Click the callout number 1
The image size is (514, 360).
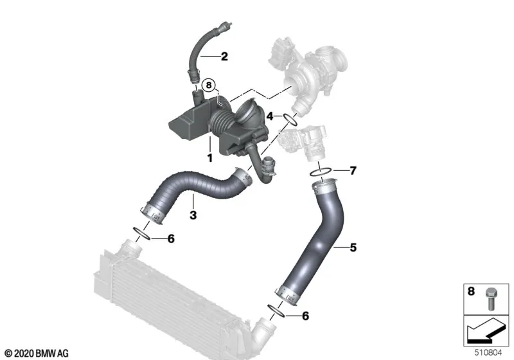[210, 157]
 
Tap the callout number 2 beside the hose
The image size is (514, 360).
[224, 57]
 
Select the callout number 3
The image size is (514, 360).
[193, 215]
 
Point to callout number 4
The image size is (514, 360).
[270, 116]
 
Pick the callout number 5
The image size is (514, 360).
[353, 248]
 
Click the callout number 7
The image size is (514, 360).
[353, 170]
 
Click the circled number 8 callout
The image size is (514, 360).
[209, 85]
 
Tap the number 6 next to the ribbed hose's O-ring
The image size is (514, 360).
[171, 239]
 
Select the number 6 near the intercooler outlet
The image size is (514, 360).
[305, 316]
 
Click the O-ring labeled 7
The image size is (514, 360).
[321, 172]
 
